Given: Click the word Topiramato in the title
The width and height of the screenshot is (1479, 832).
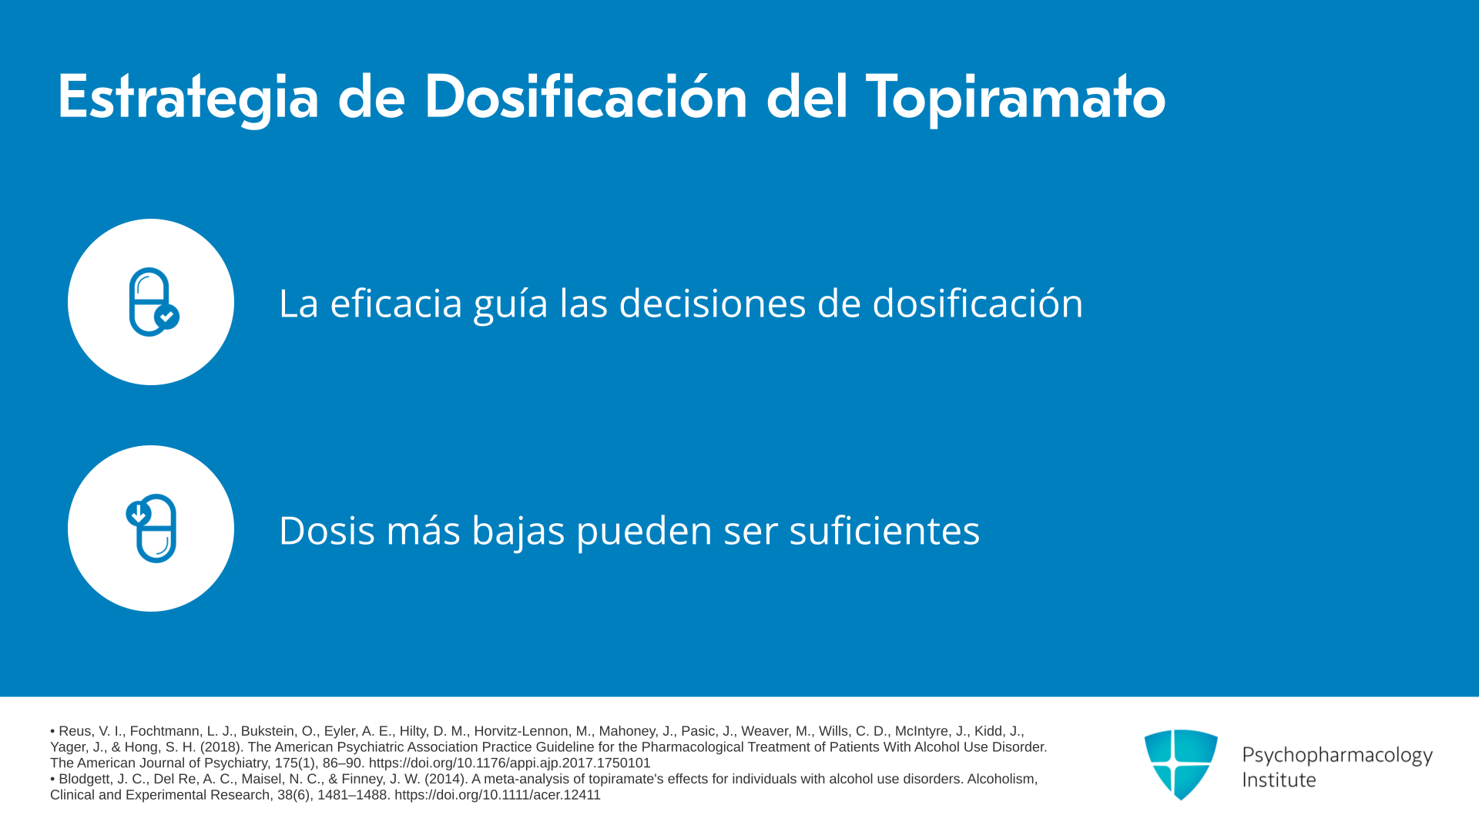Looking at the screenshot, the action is click(x=1015, y=98).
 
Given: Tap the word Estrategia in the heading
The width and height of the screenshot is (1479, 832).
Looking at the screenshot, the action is click(x=189, y=98).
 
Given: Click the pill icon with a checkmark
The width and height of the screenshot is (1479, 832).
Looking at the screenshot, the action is click(x=154, y=302).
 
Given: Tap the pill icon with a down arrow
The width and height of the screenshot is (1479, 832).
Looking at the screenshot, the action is click(x=152, y=528).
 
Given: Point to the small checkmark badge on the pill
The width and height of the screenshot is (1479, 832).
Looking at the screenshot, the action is click(x=167, y=317).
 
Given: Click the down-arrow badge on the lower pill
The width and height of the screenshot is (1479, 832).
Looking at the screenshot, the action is click(x=139, y=513).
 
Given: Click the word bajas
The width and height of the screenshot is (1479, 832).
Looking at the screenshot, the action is click(x=518, y=532).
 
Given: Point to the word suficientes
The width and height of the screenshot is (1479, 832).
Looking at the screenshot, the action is click(x=884, y=530).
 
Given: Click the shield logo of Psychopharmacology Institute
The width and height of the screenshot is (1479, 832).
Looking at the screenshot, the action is click(x=1181, y=764).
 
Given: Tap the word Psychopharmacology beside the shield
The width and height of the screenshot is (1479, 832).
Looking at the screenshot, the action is click(x=1337, y=755).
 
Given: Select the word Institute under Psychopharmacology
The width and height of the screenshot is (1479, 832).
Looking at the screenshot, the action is click(x=1279, y=780).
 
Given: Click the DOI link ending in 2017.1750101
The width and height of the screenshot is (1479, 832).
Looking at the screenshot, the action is click(x=509, y=763).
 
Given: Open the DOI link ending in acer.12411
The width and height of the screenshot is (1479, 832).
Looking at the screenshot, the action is click(x=498, y=795).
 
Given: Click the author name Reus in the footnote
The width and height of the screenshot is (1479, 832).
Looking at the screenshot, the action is click(x=75, y=731).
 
